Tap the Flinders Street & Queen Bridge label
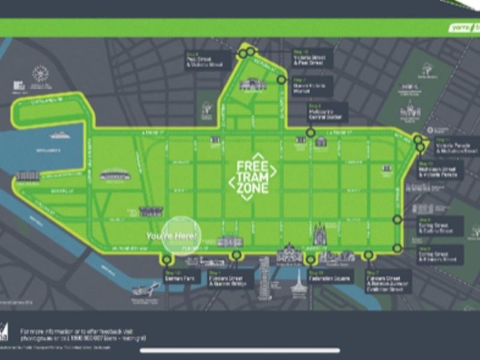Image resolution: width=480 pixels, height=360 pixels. point(232,280)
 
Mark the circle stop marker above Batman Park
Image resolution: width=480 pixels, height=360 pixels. point(166,259)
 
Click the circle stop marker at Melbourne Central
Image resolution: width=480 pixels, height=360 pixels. point(311,133)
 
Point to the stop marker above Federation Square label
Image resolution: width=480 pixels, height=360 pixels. point(311,260)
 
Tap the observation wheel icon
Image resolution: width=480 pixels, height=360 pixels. point(40,74)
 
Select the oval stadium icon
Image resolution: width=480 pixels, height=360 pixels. point(115,175)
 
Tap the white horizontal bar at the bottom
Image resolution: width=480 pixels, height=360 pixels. point(240,350)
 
